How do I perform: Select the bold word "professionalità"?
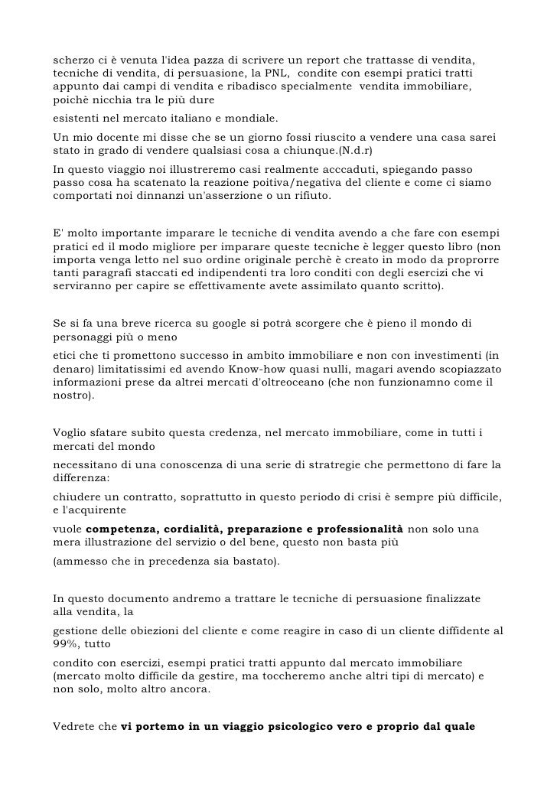click(358, 529)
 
